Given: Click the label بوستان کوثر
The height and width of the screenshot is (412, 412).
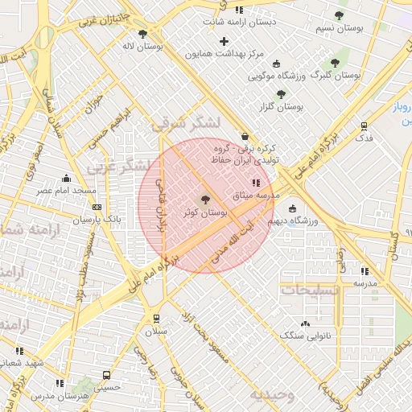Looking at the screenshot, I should tap(205, 212).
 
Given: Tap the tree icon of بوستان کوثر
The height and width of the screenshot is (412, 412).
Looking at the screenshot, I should tap(204, 199).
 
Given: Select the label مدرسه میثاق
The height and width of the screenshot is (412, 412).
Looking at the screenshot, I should tap(256, 196).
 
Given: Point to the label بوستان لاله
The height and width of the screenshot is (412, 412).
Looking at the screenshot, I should tap(144, 47).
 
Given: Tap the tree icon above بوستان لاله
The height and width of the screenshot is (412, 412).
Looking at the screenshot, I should tap(143, 34).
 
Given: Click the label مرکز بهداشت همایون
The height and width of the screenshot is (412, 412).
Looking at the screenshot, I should tap(225, 54).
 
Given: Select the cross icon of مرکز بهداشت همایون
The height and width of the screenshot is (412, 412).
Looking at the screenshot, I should tap(225, 41).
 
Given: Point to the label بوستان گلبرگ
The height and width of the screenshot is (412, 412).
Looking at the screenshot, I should tap(336, 75).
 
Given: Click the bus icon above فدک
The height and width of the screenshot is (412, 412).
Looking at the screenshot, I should tap(364, 126).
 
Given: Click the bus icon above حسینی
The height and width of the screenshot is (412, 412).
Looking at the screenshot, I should tap(107, 375).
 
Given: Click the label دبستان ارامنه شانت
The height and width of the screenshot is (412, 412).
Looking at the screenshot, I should tap(239, 22).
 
